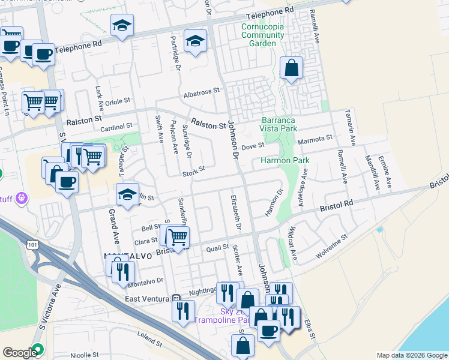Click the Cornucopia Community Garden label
click(262, 35)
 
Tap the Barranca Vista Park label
click(279, 124)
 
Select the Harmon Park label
click(285, 160)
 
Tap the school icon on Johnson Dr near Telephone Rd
click(195, 41)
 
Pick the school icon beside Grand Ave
click(127, 194)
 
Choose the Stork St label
click(194, 170)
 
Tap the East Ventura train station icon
click(175, 298)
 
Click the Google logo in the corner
click(19, 353)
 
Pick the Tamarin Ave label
click(350, 127)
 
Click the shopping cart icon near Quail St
click(177, 237)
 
